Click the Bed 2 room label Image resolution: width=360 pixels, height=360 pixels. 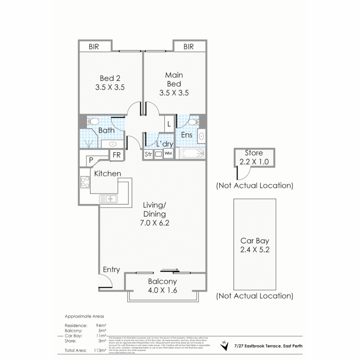(110, 78)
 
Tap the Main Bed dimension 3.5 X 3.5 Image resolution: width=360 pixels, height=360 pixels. (174, 93)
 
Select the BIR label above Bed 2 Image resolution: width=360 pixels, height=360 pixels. (94, 47)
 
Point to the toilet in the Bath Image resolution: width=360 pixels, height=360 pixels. (92, 121)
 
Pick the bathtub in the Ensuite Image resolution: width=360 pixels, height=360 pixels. (191, 154)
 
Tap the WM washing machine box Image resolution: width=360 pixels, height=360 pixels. (168, 154)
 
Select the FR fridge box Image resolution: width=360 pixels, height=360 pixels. (117, 155)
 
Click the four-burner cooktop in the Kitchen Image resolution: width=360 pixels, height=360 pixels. (85, 182)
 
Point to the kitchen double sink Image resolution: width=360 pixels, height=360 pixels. (108, 199)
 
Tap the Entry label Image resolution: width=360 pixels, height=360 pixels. (111, 270)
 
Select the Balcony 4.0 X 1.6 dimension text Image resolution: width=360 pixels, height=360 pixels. (162, 290)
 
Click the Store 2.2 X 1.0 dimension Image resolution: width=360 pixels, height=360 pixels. (254, 162)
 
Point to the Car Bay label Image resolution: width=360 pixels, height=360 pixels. (255, 241)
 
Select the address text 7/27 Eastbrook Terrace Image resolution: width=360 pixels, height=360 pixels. (268, 346)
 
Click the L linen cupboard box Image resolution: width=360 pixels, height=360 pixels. (169, 124)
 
